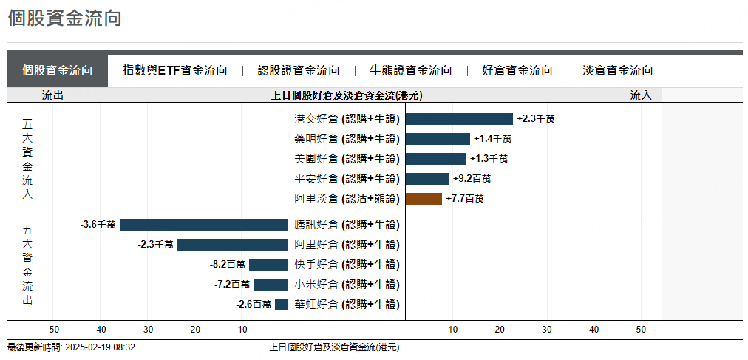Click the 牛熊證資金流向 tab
(x=411, y=71)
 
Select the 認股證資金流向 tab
(x=299, y=71)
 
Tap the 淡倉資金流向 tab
(x=618, y=71)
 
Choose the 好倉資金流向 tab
(x=517, y=71)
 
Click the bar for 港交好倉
(x=459, y=119)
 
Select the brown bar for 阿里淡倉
(x=424, y=199)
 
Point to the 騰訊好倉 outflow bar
(x=203, y=225)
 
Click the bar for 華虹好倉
(x=281, y=305)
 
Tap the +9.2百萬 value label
(x=472, y=179)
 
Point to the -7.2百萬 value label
(x=231, y=285)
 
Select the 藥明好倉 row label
(x=347, y=139)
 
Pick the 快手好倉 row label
(x=347, y=265)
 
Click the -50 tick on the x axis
(x=52, y=330)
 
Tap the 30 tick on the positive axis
(x=547, y=330)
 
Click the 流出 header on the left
(x=53, y=95)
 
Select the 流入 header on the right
(x=641, y=95)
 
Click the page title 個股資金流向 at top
(x=64, y=18)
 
